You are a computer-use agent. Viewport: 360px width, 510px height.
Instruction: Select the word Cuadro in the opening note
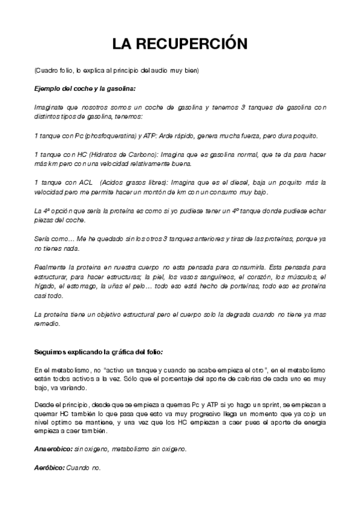point(46,71)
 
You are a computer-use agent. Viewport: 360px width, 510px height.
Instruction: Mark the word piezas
point(43,219)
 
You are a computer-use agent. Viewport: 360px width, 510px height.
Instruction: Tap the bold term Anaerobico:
point(52,449)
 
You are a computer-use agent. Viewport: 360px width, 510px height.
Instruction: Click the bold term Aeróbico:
point(49,467)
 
